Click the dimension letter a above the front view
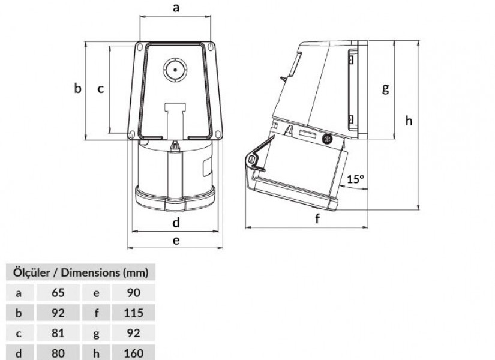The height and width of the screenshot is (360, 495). pos(176,7)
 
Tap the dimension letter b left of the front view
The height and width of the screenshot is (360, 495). pos(77,88)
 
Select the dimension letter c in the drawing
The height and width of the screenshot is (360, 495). pos(100,89)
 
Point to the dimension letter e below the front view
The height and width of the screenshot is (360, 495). pos(176,241)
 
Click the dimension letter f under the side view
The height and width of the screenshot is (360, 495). pos(317,218)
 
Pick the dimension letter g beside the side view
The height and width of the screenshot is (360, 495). pos(385,89)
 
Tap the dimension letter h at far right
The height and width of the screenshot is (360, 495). pos(409,121)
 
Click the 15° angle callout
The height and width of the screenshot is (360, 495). pos(356,179)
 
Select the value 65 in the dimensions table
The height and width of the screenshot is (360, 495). pos(58,293)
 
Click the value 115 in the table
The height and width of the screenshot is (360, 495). pos(134,313)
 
